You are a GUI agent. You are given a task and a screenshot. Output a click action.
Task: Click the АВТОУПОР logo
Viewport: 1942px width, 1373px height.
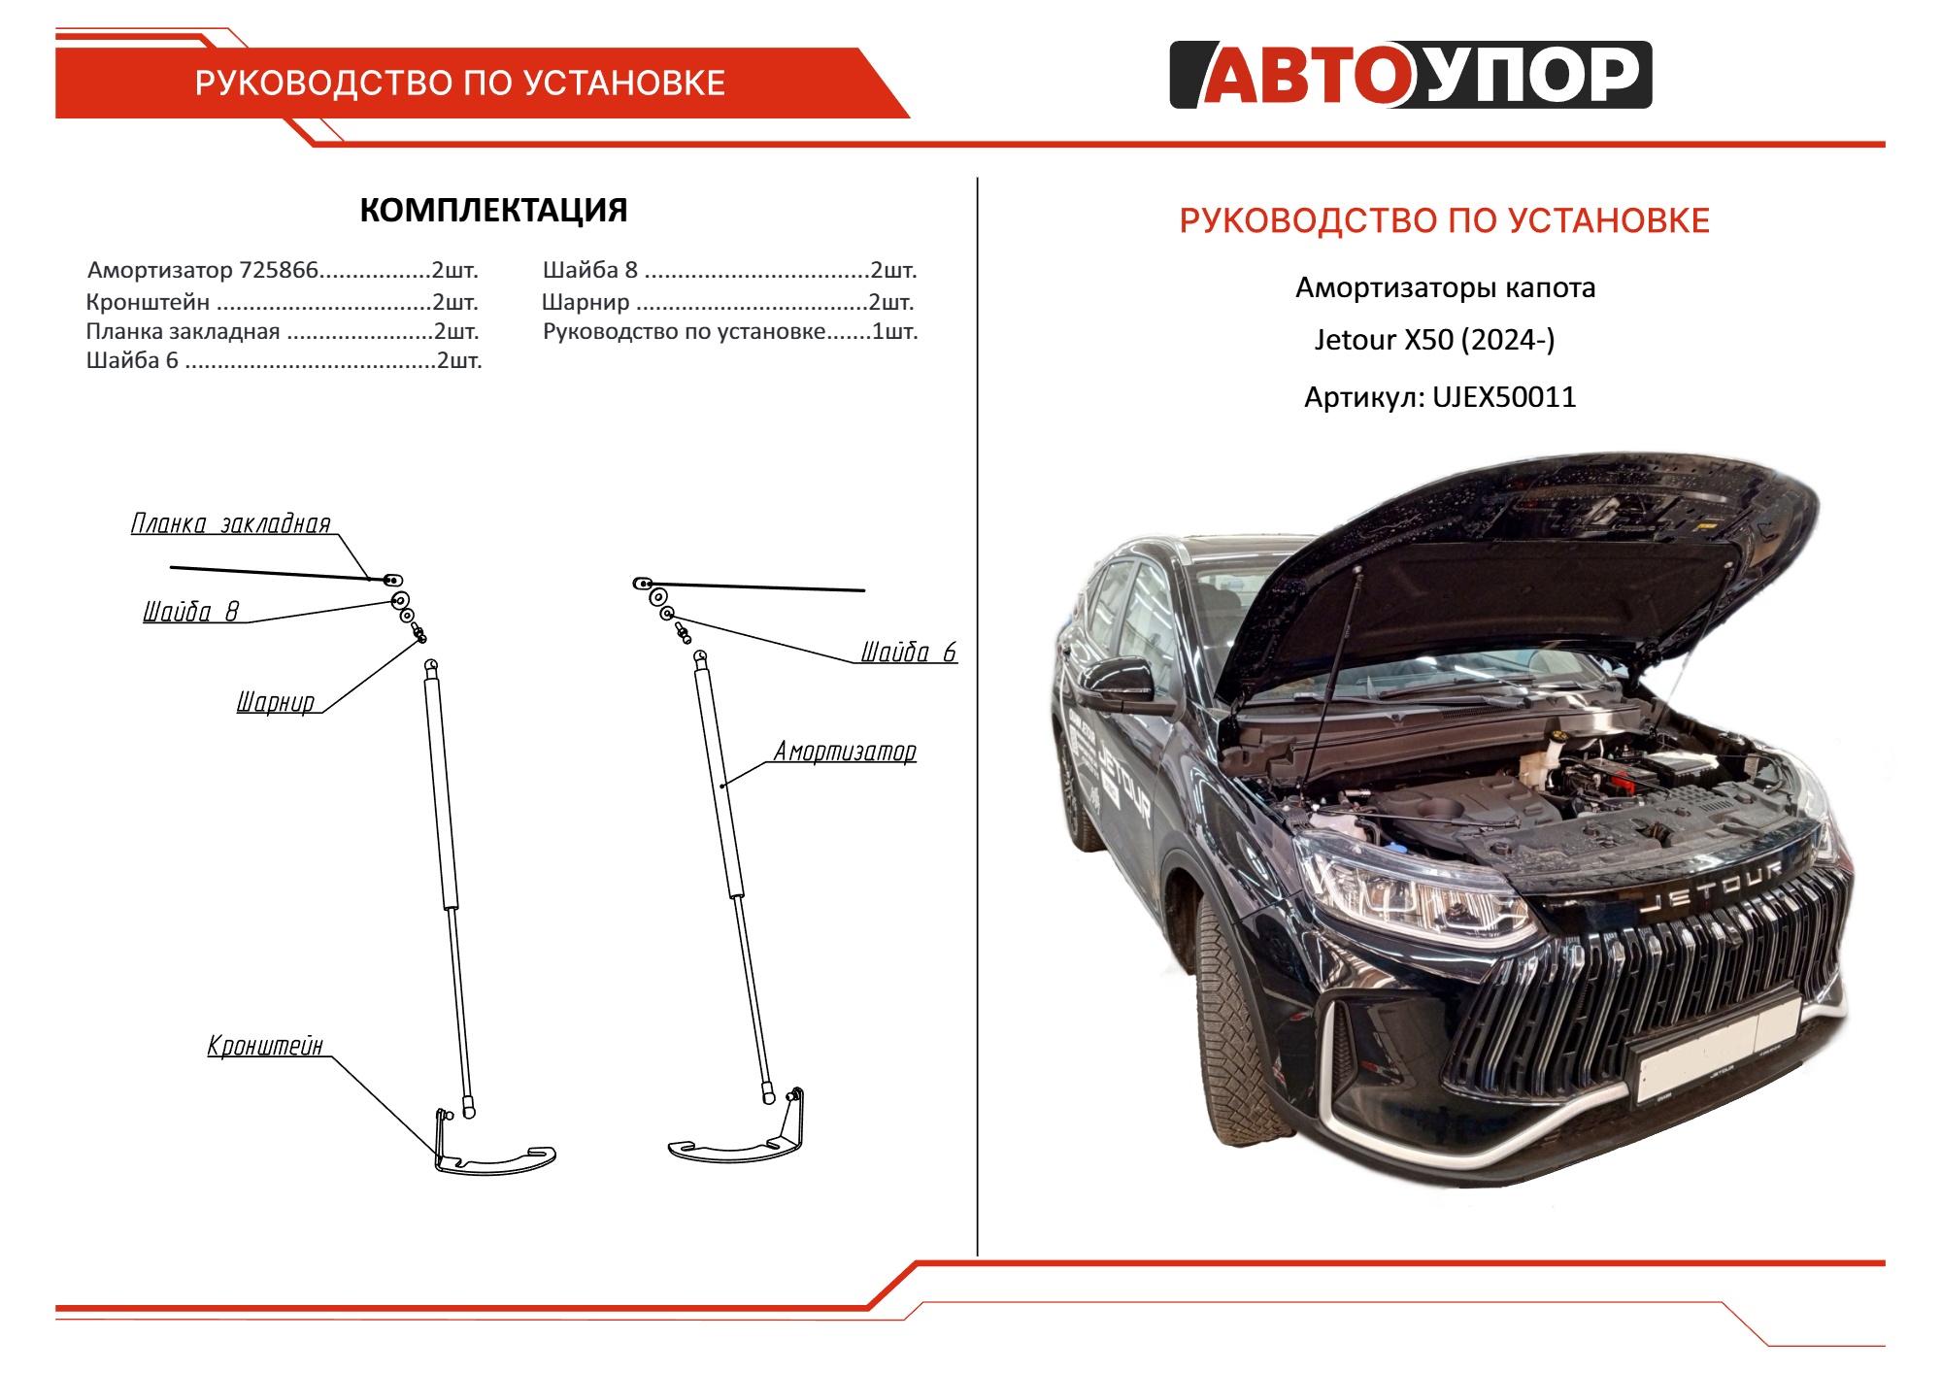(1410, 75)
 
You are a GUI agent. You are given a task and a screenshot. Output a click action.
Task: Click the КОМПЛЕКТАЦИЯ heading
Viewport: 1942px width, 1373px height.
(493, 210)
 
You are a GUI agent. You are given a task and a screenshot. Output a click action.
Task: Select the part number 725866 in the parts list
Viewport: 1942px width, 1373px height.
(279, 270)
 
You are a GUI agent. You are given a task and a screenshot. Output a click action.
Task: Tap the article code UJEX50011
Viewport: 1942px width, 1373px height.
(1504, 397)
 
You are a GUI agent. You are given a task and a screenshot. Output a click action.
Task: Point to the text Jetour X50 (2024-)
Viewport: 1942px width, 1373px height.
(1434, 340)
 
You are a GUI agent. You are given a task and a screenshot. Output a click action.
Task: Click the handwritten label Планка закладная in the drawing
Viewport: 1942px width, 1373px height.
(231, 524)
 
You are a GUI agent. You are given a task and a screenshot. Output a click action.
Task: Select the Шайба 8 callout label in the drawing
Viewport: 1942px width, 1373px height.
(190, 611)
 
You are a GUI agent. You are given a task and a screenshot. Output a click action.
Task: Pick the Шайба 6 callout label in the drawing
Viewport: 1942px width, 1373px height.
(909, 652)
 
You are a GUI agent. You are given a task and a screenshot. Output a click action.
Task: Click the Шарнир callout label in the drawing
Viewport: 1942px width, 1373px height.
(276, 701)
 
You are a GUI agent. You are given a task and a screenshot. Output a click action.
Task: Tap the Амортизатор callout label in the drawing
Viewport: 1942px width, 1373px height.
(845, 752)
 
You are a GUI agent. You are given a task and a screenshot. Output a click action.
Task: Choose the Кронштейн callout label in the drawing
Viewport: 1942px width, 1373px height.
(264, 1046)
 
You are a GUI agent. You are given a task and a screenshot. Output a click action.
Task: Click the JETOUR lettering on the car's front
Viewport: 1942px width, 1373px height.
(1713, 887)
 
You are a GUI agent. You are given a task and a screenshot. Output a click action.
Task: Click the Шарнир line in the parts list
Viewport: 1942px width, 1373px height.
(728, 302)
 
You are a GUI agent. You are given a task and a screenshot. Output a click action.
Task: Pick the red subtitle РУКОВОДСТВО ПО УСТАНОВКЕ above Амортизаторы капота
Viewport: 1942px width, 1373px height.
(1444, 220)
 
